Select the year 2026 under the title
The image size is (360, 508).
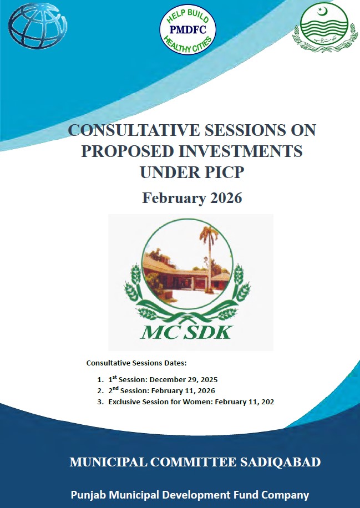[x=224, y=198]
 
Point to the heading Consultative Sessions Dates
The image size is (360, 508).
[x=136, y=363]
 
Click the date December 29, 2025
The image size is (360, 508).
[x=187, y=380]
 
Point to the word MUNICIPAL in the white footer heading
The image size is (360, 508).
[x=104, y=462]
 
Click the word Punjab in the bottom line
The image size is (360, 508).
[x=88, y=495]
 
